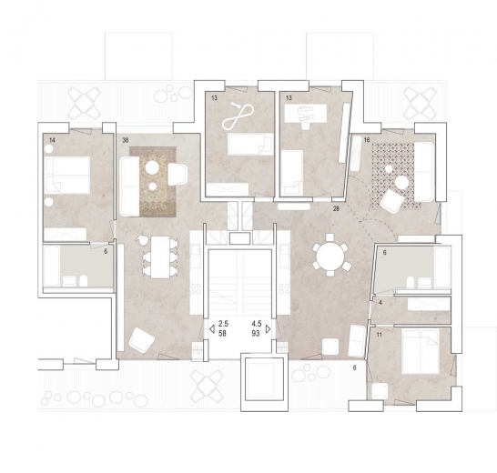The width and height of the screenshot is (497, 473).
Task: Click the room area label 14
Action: point(52,140)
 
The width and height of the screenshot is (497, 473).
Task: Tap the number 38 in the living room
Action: point(126,140)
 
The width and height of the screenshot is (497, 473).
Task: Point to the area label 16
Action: point(367,140)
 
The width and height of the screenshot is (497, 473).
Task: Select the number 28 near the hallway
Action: point(336,208)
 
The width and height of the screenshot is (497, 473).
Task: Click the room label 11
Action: point(380,335)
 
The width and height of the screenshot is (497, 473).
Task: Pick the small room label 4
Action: point(380,303)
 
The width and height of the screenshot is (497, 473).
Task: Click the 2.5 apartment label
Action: point(223,324)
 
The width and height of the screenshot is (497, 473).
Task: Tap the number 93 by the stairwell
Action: point(256,333)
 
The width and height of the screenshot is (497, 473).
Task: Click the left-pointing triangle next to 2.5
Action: point(212,329)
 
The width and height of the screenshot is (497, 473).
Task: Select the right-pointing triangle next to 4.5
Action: point(268,329)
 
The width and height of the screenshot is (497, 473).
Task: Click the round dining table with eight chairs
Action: point(331,255)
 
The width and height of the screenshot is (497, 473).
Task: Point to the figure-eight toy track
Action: point(238,116)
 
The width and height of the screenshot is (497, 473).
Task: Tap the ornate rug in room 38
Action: point(152,182)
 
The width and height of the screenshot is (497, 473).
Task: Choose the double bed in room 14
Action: point(67,176)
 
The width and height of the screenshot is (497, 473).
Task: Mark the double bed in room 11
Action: point(421,351)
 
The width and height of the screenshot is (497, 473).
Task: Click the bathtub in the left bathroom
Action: point(52,266)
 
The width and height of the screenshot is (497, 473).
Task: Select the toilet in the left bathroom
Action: point(84,280)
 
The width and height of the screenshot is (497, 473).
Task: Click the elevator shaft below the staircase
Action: point(264,382)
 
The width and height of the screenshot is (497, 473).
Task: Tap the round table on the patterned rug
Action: point(402,183)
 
